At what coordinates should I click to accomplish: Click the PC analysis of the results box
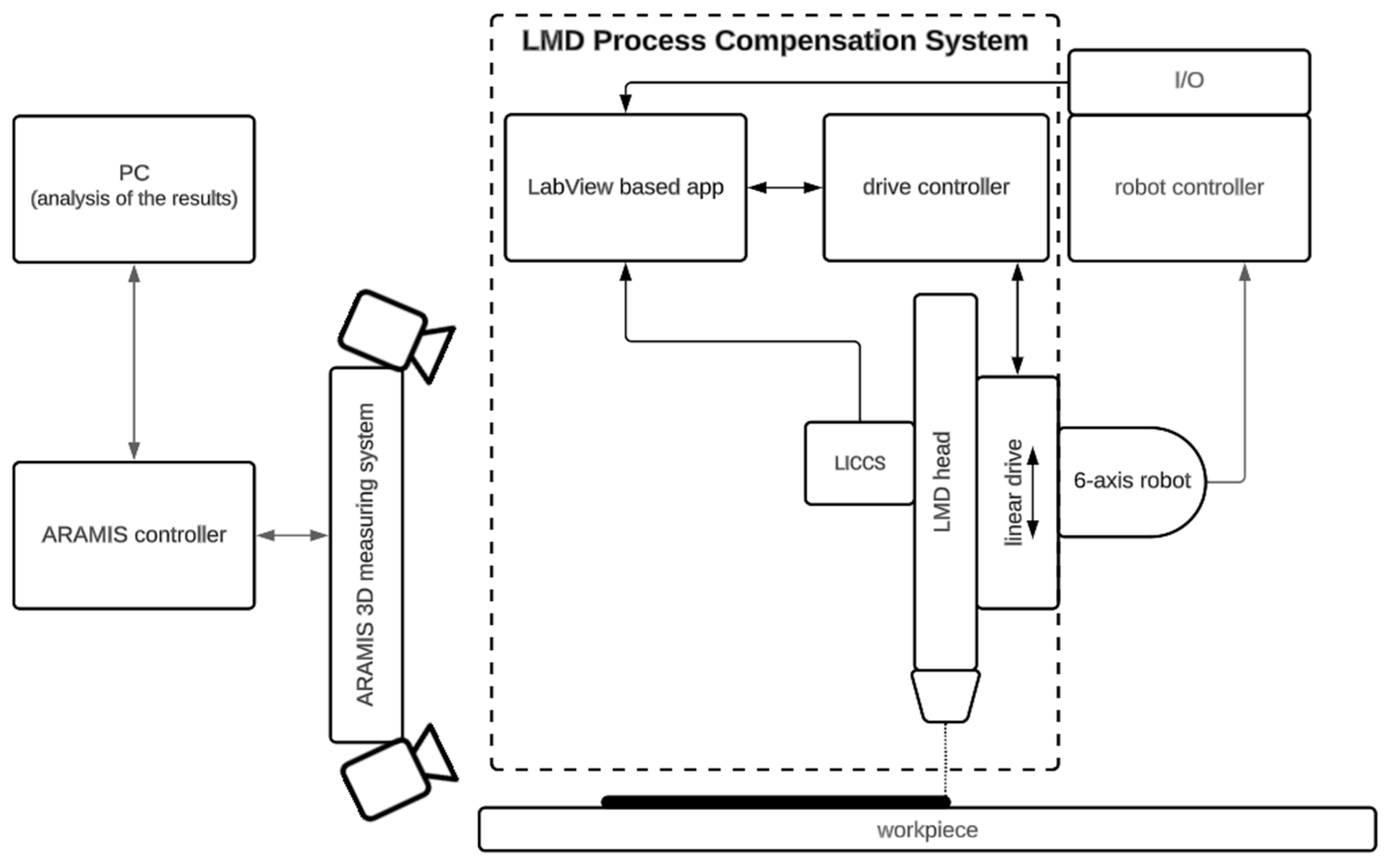pyautogui.click(x=134, y=189)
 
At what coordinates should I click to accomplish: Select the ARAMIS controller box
pyautogui.click(x=134, y=535)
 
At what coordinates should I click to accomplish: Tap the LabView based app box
pyautogui.click(x=625, y=188)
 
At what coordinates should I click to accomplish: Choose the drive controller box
pyautogui.click(x=936, y=188)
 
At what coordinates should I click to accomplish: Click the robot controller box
pyautogui.click(x=1189, y=188)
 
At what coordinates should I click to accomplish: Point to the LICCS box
pyautogui.click(x=859, y=463)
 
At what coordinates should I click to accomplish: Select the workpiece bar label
pyautogui.click(x=927, y=830)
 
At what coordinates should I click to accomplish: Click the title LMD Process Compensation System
pyautogui.click(x=775, y=41)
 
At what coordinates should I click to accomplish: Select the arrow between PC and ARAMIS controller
pyautogui.click(x=134, y=362)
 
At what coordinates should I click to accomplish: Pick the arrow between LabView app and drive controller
pyautogui.click(x=784, y=188)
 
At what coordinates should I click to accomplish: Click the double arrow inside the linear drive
pyautogui.click(x=1033, y=492)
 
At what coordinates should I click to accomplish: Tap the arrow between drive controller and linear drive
pyautogui.click(x=1018, y=319)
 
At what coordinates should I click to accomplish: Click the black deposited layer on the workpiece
pyautogui.click(x=775, y=802)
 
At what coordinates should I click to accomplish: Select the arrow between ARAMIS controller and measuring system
pyautogui.click(x=292, y=535)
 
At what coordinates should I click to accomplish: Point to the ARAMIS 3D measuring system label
pyautogui.click(x=366, y=555)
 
